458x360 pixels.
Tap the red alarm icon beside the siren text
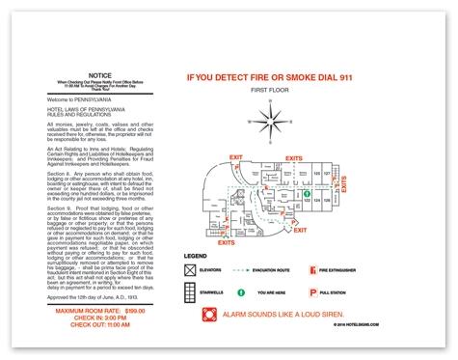point(209,315)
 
